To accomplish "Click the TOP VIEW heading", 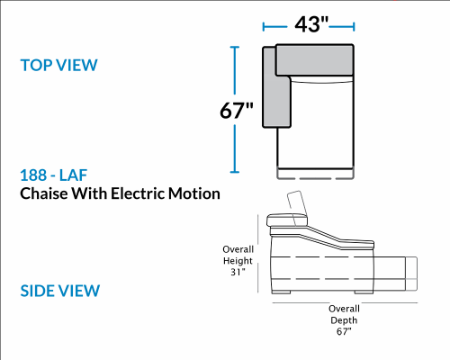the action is (x=58, y=65).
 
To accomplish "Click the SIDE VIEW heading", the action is (x=60, y=291).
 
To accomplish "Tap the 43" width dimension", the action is (x=311, y=24).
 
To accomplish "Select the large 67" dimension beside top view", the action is (x=237, y=110).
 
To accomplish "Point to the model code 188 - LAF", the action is (x=54, y=175).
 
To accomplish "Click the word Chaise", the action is (x=44, y=193).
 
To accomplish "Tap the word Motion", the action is (x=194, y=193).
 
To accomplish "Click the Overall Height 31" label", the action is (x=238, y=261).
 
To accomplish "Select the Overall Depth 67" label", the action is (x=344, y=320).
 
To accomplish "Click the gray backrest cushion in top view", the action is (x=314, y=60).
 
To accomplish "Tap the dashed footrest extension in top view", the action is (x=315, y=175).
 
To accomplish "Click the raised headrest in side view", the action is (x=298, y=207).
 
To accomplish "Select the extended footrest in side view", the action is (x=411, y=274).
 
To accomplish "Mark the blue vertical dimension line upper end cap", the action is (x=235, y=47).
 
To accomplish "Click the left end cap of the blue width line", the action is (x=264, y=27).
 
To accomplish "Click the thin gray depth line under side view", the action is (x=345, y=302).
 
